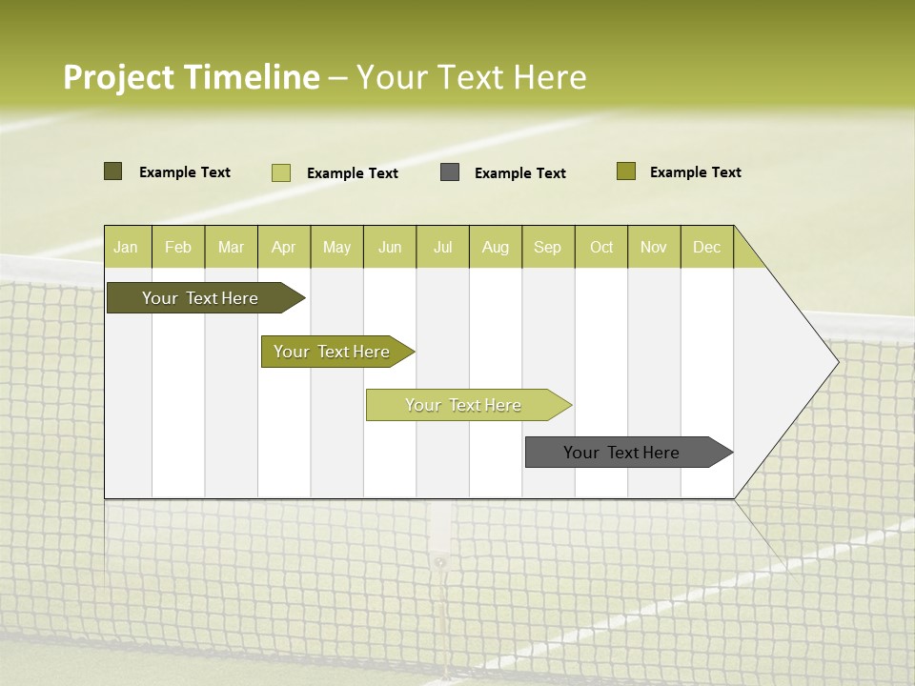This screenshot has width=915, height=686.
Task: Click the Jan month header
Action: coord(126,247)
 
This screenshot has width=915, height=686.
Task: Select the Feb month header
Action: coord(178,247)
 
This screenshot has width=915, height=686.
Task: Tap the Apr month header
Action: coord(283,247)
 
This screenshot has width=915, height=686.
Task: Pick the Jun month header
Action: coord(390,247)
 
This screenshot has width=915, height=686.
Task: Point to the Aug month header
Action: coord(495,247)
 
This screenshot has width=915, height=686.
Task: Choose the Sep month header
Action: coord(547,247)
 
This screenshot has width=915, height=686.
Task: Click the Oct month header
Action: coord(601,247)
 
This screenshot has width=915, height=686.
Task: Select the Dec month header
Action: coord(706,247)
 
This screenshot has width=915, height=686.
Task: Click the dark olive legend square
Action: coord(112,171)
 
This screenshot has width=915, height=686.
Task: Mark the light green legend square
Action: coord(281,172)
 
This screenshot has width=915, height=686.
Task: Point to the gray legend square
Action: coord(450,172)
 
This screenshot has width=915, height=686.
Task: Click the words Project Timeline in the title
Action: coord(191,77)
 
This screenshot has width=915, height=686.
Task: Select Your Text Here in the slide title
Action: coord(471,77)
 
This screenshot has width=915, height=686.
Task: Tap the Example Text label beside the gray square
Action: coord(519,173)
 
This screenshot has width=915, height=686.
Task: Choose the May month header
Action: coord(336,247)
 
